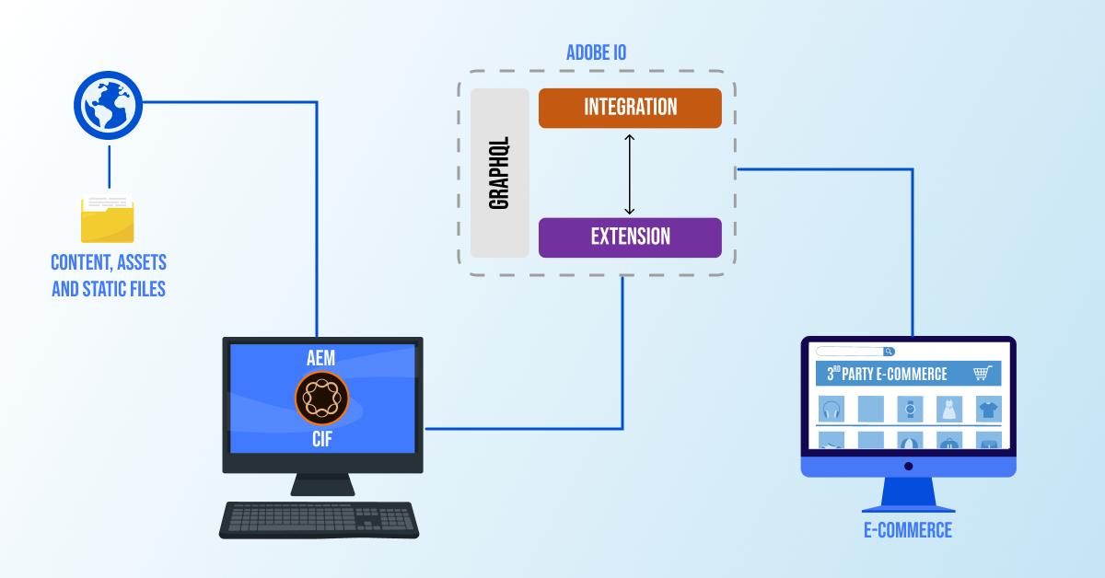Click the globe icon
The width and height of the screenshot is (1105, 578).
click(108, 106)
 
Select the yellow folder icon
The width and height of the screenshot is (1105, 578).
click(107, 218)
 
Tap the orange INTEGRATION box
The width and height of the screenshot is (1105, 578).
click(630, 108)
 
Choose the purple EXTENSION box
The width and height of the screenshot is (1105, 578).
click(630, 237)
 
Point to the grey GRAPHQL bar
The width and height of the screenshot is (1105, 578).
click(500, 173)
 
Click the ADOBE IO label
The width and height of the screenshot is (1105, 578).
click(596, 52)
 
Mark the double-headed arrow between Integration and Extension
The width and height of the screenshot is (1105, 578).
click(630, 173)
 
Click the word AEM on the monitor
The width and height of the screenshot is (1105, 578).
click(321, 358)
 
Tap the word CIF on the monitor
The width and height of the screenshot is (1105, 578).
click(321, 440)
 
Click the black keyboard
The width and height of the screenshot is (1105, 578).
click(320, 520)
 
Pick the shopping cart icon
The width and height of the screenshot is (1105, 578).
click(983, 373)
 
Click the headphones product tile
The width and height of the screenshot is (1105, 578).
click(832, 409)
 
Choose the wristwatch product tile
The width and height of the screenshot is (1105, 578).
click(910, 409)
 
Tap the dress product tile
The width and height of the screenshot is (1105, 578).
click(949, 409)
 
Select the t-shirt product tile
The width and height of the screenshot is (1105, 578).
click(988, 409)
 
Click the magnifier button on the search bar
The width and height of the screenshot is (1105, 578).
click(889, 352)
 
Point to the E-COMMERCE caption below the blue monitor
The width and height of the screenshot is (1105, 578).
click(907, 530)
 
